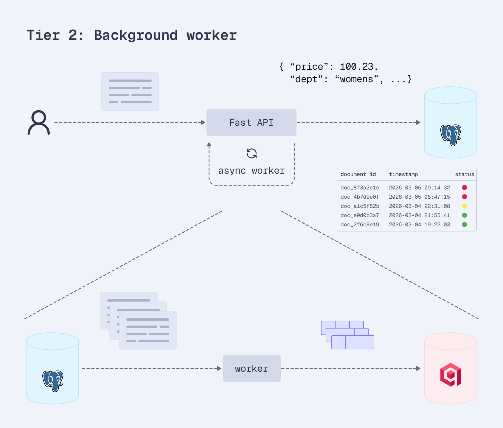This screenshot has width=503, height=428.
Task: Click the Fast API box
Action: pos(251,122)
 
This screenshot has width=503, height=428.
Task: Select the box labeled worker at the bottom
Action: pos(251,368)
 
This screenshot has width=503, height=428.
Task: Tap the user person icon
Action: pos(39,122)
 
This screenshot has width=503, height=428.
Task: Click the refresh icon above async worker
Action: pos(251,154)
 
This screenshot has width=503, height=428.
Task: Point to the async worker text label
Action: pos(251,171)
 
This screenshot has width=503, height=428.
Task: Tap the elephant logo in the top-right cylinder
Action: pos(451,135)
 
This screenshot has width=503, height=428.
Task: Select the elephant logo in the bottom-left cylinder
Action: pos(53,381)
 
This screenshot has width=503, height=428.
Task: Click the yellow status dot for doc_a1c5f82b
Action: pos(464,206)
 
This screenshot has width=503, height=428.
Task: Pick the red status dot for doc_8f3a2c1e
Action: pos(464,188)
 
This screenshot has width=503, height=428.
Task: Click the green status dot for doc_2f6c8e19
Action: pos(464,225)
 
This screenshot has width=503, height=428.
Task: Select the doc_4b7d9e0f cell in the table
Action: pos(360,197)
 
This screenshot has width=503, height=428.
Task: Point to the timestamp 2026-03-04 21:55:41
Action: pos(419,215)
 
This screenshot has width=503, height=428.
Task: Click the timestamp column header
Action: pos(403,174)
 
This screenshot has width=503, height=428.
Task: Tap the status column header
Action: pos(464,174)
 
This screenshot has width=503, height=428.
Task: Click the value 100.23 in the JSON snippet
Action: pos(356,67)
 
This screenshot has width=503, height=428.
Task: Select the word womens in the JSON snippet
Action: pos(356,79)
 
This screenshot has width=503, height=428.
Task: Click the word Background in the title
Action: pos(136,35)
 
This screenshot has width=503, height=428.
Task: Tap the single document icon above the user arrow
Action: pos(130,91)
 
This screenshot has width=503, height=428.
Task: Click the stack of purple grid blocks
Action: pos(347,335)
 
